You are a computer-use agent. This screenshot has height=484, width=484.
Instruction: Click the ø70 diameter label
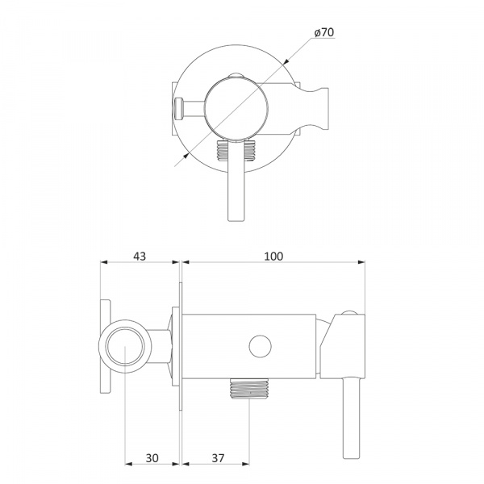tap(324, 32)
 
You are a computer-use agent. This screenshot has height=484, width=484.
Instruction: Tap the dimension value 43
tap(140, 257)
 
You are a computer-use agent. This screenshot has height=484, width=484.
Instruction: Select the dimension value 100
tap(273, 257)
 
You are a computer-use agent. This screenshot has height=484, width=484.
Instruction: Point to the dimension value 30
tap(152, 458)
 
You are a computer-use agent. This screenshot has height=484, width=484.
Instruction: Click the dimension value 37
tap(218, 458)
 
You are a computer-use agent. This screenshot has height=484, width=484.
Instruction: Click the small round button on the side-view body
tap(260, 347)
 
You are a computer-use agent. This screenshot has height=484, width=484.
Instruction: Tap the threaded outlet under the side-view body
tap(249, 389)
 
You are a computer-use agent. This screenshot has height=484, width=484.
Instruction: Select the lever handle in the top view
tap(236, 180)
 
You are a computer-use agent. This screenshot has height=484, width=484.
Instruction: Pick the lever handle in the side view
tap(351, 418)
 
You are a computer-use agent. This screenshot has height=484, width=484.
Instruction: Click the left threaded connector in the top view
tap(223, 151)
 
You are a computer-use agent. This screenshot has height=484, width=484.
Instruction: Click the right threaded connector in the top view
tap(250, 151)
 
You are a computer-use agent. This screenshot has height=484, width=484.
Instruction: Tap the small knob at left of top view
tap(179, 108)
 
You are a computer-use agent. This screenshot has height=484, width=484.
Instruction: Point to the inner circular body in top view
tap(236, 108)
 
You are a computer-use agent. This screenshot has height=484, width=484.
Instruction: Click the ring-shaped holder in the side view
tap(125, 346)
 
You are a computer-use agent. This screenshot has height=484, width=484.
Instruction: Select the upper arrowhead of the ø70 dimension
tap(285, 62)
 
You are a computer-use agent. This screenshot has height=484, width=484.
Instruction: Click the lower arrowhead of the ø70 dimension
tap(186, 156)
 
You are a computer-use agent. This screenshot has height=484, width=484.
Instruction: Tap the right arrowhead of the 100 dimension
tap(361, 262)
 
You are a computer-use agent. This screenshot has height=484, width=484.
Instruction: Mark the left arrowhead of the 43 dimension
tap(104, 262)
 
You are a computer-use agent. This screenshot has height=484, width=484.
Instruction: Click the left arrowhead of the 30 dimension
tap(128, 464)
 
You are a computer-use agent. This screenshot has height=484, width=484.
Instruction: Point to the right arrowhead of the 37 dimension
tap(246, 464)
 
